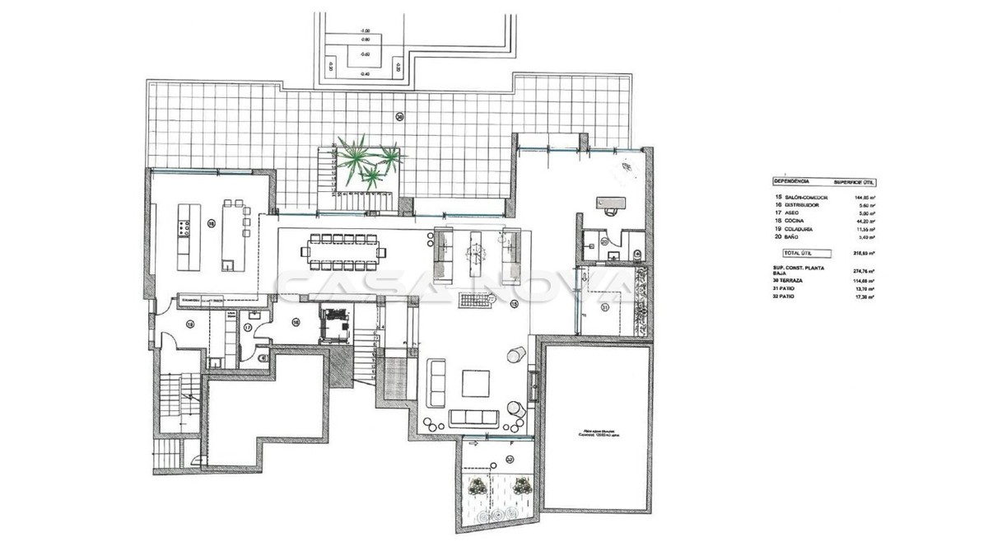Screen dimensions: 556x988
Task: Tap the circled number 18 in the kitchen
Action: point(211,222)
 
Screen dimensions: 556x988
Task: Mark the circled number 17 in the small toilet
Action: point(248,328)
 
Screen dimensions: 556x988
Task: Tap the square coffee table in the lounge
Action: point(475,384)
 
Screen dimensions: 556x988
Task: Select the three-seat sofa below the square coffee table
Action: point(474,416)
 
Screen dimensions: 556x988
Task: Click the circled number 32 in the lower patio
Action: point(510,459)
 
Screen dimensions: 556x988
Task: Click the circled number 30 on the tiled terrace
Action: point(399,117)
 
